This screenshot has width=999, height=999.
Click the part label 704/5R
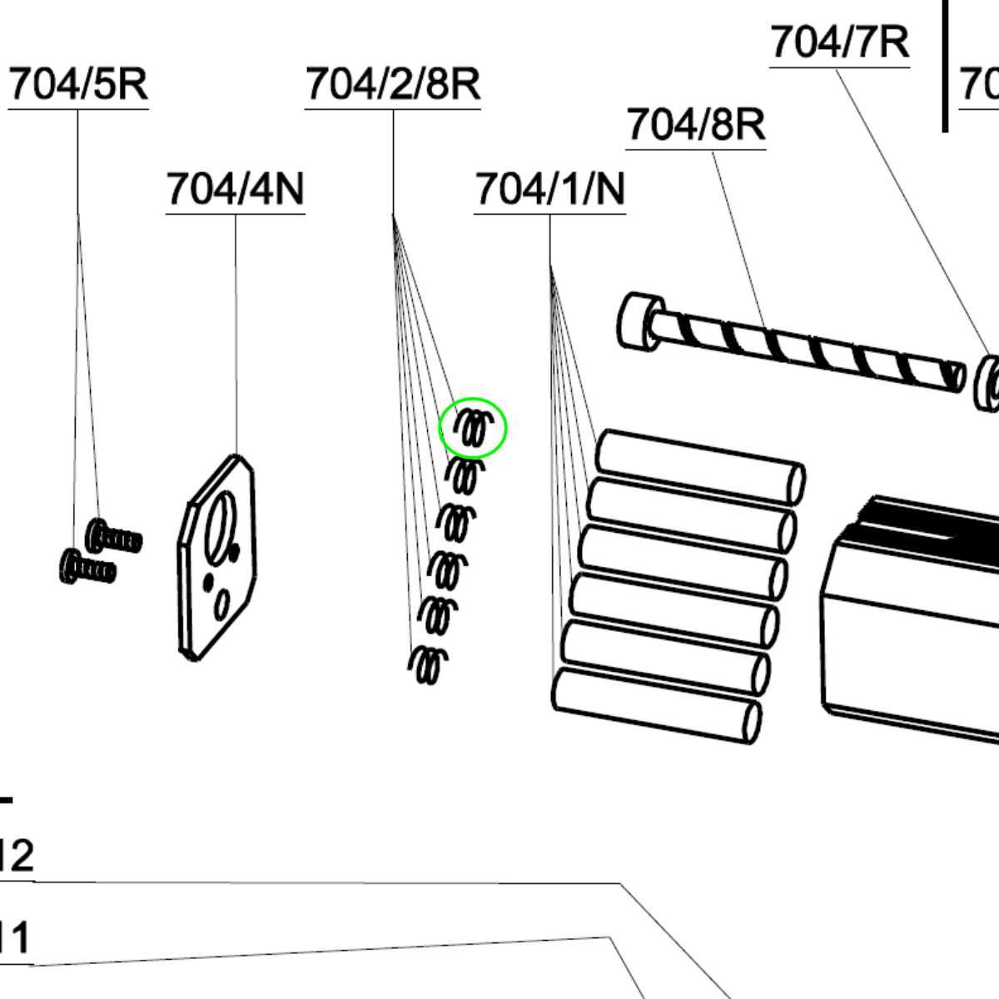click(78, 85)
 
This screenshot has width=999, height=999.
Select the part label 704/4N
click(236, 190)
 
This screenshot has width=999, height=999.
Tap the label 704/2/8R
click(393, 85)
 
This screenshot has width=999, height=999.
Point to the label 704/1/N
click(549, 190)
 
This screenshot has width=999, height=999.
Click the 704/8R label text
click(695, 125)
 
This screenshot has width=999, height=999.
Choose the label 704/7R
click(839, 42)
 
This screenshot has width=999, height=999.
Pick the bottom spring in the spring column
click(428, 664)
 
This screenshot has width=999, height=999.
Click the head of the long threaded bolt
click(641, 322)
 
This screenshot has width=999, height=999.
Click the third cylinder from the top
click(683, 563)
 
